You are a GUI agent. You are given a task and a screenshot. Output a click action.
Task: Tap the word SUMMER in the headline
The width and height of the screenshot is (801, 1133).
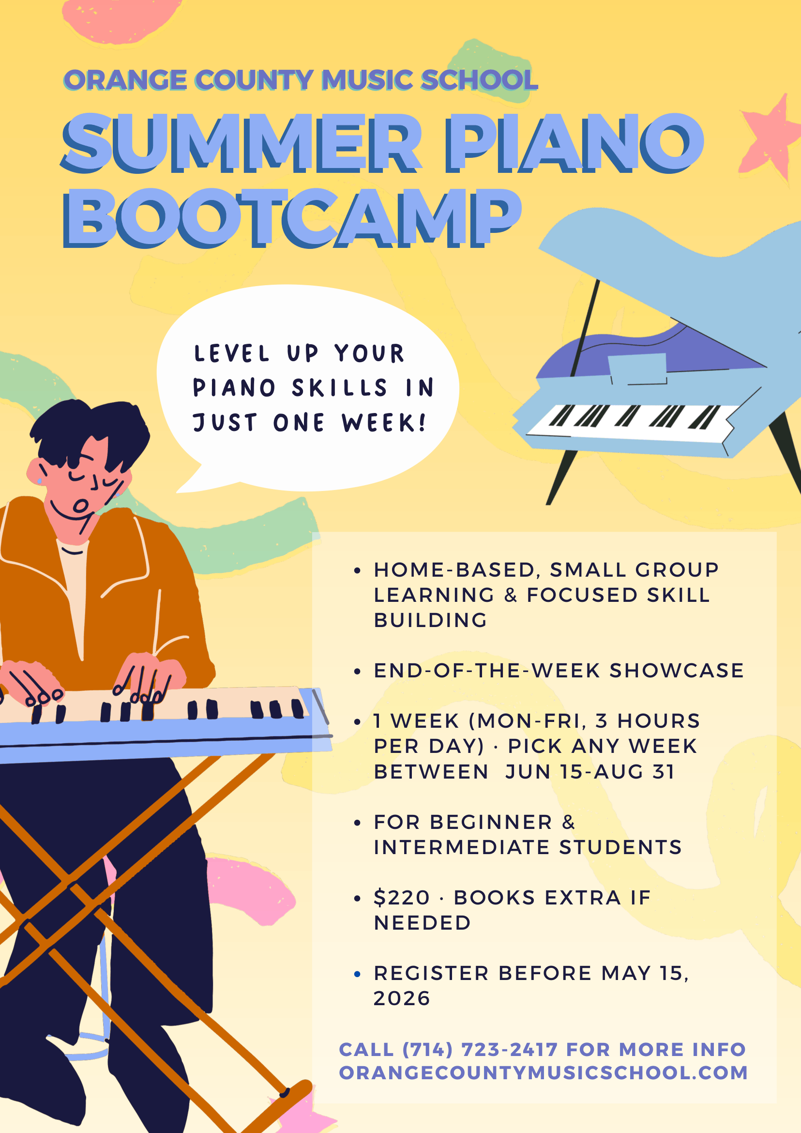click(242, 143)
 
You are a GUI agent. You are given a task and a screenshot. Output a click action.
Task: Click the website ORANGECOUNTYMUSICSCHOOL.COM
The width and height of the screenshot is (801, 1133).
click(543, 1073)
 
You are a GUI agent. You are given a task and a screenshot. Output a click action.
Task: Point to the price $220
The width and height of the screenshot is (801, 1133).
click(402, 898)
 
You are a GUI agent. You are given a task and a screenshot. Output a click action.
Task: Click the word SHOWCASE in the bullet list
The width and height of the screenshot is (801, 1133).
click(676, 671)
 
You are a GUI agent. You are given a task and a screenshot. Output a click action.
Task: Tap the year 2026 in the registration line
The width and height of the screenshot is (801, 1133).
click(402, 998)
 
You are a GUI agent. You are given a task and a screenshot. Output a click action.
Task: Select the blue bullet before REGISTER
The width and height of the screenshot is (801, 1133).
click(357, 974)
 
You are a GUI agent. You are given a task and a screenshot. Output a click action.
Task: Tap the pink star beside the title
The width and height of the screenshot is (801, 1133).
click(770, 136)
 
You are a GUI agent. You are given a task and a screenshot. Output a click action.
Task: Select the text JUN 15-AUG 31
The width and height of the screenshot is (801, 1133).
click(589, 772)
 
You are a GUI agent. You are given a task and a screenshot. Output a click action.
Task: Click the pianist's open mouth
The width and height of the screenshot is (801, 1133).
click(80, 506)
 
